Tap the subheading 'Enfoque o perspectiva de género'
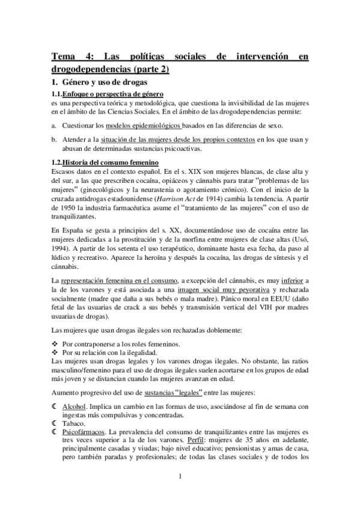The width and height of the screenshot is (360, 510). pyautogui.click(x=114, y=95)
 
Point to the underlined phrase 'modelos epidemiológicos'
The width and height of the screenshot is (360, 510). pyautogui.click(x=144, y=125)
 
